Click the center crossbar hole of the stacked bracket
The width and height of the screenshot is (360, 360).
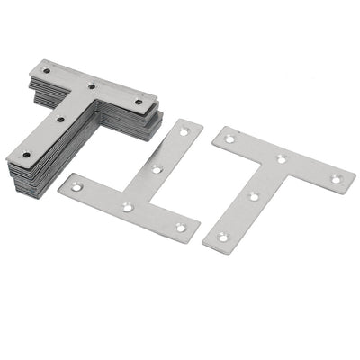pos(93,86)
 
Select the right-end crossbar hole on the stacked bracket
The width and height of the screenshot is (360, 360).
pos(139,102)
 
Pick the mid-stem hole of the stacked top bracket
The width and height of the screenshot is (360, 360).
pos(60,119)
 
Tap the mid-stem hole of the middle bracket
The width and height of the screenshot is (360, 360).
pos(157,168)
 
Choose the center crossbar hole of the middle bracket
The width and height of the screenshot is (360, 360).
pos(128,207)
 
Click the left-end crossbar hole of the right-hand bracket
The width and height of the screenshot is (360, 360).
pos(230,139)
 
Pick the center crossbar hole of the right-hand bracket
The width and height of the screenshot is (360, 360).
pos(282,159)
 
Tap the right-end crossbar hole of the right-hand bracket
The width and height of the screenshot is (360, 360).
pos(335,179)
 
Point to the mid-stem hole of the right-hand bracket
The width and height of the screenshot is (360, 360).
pos(253,195)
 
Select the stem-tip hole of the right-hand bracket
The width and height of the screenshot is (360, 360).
pos(221,236)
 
